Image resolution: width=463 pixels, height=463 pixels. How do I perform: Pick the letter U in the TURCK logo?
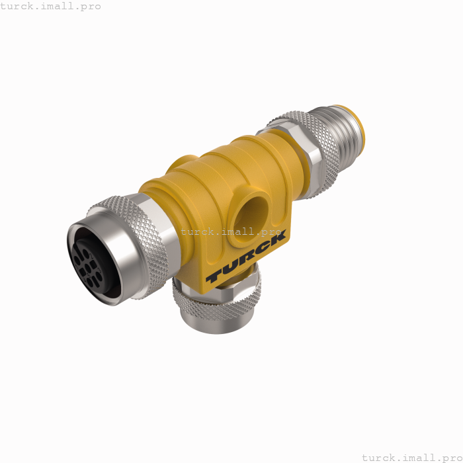click(229, 267)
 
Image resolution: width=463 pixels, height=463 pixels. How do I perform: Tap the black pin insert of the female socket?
click(93, 259)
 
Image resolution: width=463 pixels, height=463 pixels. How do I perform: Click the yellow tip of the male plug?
click(360, 119)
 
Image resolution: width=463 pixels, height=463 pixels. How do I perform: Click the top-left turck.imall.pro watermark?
click(51, 6)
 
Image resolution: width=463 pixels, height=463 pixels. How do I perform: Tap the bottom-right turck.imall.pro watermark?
click(411, 456)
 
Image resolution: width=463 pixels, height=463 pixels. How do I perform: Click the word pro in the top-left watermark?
click(89, 6)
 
